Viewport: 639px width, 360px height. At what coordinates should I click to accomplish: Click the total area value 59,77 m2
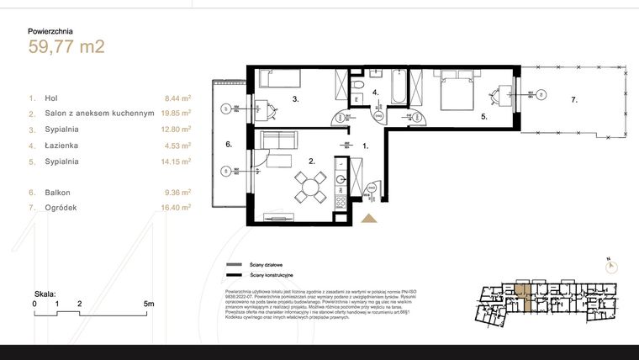pos(66,47)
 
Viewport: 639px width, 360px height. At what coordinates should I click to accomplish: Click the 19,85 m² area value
pos(177,113)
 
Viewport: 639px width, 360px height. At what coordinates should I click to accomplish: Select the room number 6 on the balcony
pos(228,144)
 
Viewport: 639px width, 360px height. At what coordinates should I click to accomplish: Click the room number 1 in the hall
pos(365,146)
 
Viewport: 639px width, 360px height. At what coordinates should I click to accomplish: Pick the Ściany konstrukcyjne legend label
pos(272,275)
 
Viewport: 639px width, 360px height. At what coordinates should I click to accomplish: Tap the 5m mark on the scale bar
pos(148,303)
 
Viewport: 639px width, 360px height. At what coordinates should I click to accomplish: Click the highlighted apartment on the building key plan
pos(525,299)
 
